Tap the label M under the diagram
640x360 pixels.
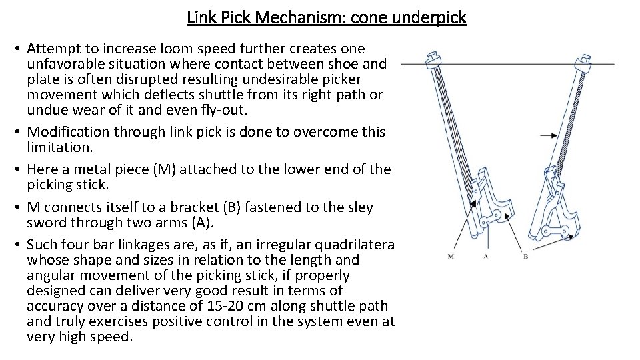point(451,256)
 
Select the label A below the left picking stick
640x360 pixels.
point(486,256)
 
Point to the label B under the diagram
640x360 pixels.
point(525,256)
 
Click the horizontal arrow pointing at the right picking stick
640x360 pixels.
point(548,135)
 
